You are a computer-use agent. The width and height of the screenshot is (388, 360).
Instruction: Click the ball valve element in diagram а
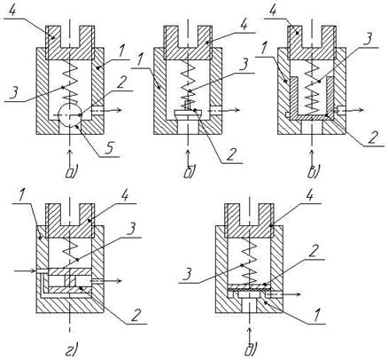pyautogui.click(x=70, y=115)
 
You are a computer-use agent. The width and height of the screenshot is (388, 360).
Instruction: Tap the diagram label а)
pyautogui.click(x=71, y=172)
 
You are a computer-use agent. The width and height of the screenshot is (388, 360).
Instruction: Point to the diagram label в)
pyautogui.click(x=313, y=172)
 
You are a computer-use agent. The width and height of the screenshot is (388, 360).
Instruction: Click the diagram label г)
pyautogui.click(x=72, y=348)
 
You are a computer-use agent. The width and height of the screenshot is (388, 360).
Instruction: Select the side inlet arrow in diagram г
pyautogui.click(x=26, y=270)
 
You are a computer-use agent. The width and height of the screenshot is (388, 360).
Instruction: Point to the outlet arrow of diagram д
pyautogui.click(x=284, y=294)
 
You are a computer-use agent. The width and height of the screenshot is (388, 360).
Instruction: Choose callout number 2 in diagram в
pyautogui.click(x=373, y=137)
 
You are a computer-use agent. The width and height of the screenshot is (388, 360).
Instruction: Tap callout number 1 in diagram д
pyautogui.click(x=317, y=315)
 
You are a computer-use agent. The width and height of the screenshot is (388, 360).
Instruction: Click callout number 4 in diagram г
pyautogui.click(x=125, y=195)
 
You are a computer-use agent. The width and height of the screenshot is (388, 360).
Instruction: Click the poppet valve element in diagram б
pyautogui.click(x=188, y=112)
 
